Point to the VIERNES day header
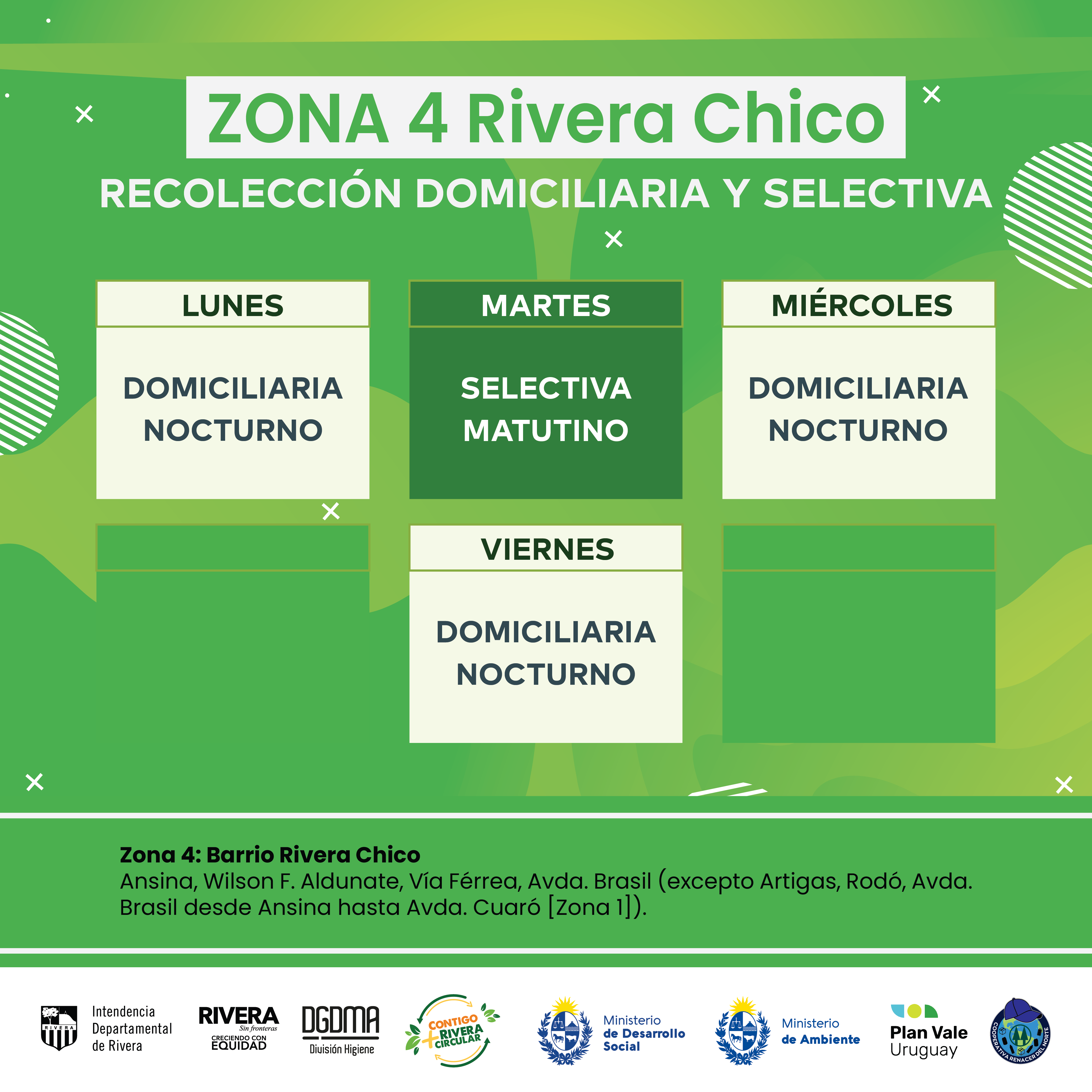(547, 549)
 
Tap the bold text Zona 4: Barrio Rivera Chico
(270, 855)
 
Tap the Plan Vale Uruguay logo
(929, 1031)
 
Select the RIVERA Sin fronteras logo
(238, 1028)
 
